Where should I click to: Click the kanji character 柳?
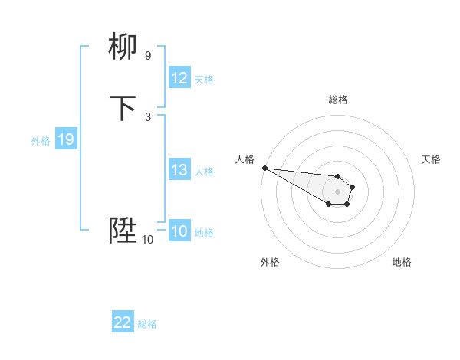pos(123,48)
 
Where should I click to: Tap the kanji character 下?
pos(123,108)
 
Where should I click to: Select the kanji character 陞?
pos(123,231)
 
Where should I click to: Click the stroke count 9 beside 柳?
pos(147,55)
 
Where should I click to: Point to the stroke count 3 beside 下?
pos(147,116)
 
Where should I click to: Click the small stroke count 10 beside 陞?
pos(147,240)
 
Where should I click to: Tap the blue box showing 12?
pos(179,78)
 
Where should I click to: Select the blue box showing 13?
pos(179,170)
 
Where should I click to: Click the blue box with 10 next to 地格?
pos(179,231)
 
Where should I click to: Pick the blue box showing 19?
pos(66,139)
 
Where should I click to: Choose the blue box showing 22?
pos(123,322)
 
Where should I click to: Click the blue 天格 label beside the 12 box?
pos(204,79)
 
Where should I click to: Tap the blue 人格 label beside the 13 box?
pos(204,171)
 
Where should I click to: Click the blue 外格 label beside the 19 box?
pos(41,140)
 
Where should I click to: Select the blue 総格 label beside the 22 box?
pos(147,323)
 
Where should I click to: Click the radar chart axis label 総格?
pos(337,100)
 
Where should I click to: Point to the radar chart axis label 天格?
pos(432,159)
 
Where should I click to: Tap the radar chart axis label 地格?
pos(402,262)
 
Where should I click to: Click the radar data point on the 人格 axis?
pos(264,168)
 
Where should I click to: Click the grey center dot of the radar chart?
pos(337,191)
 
